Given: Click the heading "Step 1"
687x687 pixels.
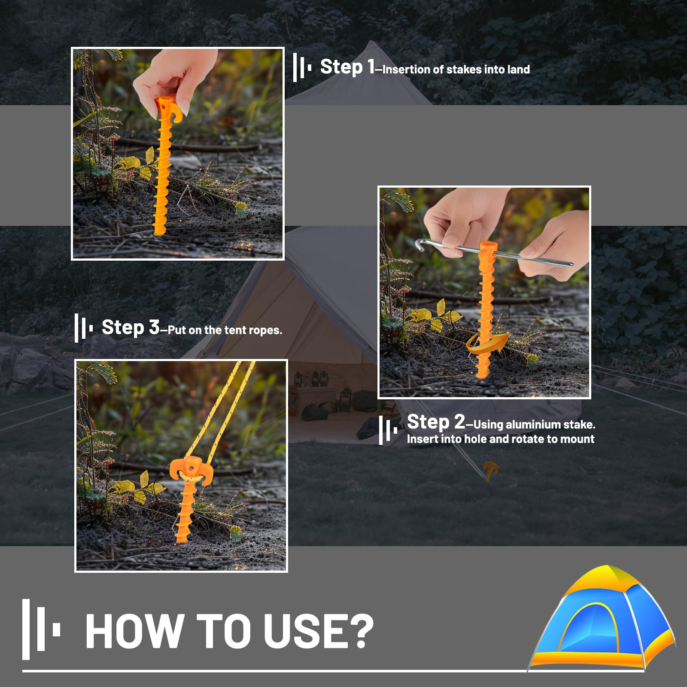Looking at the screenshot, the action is click(x=347, y=67).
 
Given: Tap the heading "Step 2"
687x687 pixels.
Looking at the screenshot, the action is click(x=436, y=422).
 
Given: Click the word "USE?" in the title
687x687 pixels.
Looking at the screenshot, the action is click(x=318, y=631).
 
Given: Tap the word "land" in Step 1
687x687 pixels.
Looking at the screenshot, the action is click(x=518, y=70).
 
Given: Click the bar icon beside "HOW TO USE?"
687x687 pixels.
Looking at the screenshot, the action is click(x=41, y=629).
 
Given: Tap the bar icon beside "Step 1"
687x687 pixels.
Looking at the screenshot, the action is click(x=302, y=67).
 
